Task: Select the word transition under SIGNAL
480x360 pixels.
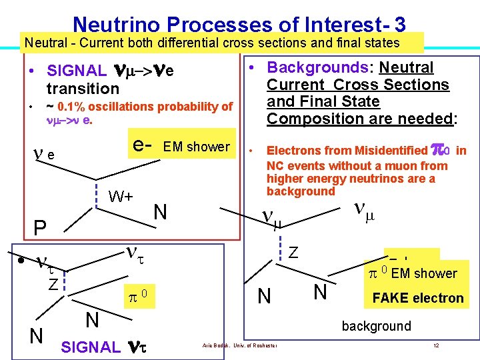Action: (83, 89)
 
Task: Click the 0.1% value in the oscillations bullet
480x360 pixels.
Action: (71, 107)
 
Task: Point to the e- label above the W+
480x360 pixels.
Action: (144, 145)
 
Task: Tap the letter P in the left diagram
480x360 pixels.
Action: (40, 228)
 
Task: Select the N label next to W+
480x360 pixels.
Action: (160, 213)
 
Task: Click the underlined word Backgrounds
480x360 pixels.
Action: (308, 68)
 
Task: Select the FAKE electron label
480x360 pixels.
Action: (417, 298)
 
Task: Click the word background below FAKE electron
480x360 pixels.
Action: (376, 326)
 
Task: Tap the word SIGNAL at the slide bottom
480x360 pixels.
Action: (90, 347)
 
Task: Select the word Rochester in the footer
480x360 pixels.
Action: (264, 345)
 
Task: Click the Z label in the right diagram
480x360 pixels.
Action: (293, 252)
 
